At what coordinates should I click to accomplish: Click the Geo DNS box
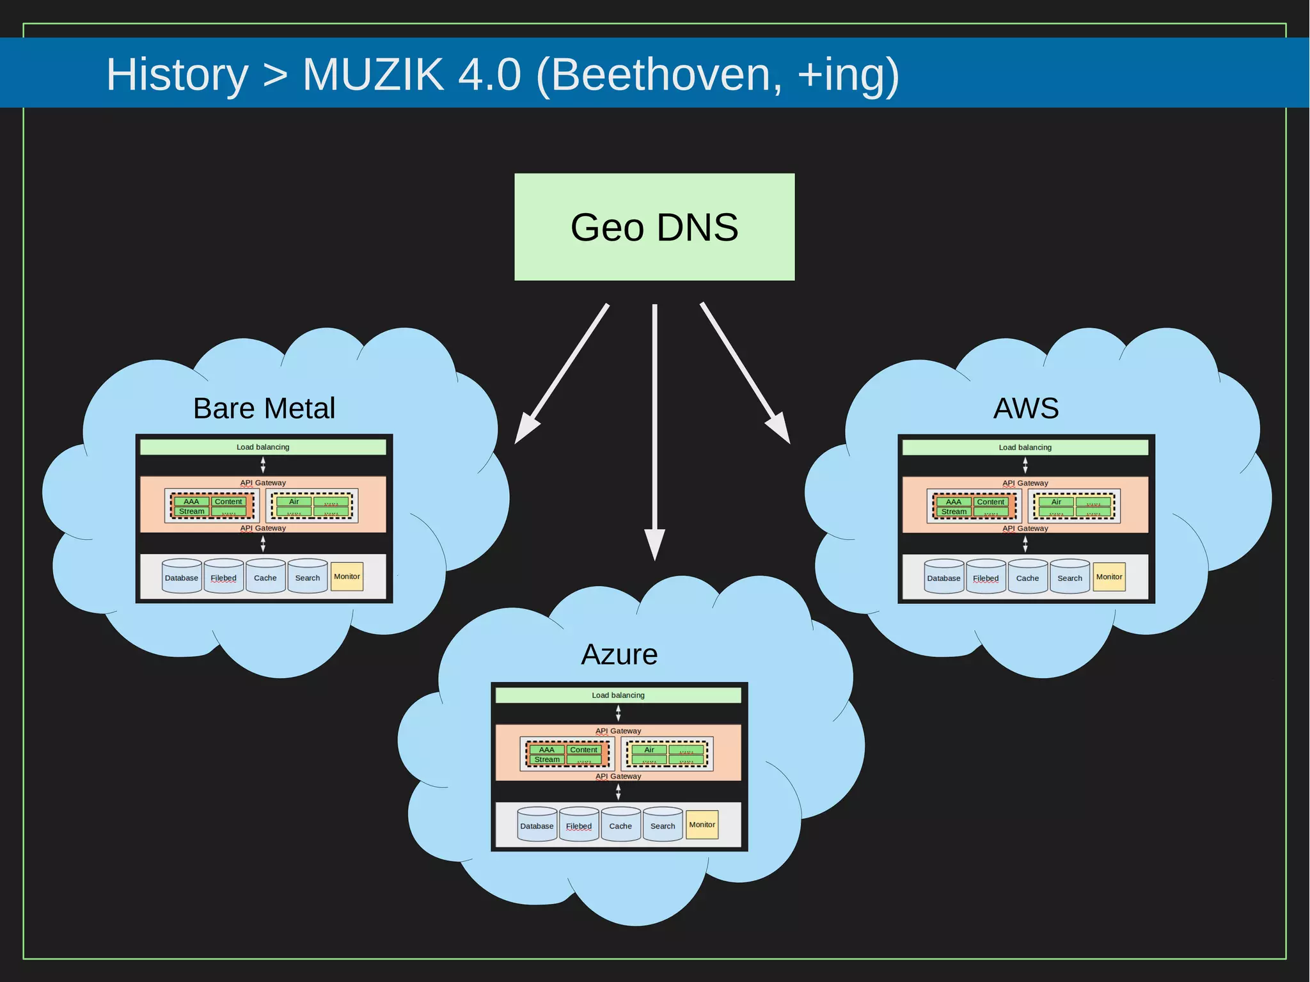pyautogui.click(x=654, y=227)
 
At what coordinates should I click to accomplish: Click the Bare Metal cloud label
pyautogui.click(x=264, y=408)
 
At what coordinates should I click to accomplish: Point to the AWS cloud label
pyautogui.click(x=1025, y=408)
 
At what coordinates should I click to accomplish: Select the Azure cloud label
pyautogui.click(x=619, y=654)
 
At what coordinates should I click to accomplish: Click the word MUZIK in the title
pyautogui.click(x=373, y=74)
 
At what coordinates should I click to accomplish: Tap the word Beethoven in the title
pyautogui.click(x=665, y=74)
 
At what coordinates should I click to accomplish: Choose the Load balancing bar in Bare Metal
pyautogui.click(x=263, y=447)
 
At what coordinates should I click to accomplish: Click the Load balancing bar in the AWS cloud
pyautogui.click(x=1025, y=447)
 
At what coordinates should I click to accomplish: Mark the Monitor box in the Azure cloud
pyautogui.click(x=702, y=825)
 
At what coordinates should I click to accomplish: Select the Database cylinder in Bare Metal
pyautogui.click(x=182, y=577)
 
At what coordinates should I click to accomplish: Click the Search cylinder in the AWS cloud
pyautogui.click(x=1069, y=577)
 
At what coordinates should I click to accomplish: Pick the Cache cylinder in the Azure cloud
pyautogui.click(x=620, y=825)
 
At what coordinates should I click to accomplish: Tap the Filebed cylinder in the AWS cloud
pyautogui.click(x=986, y=577)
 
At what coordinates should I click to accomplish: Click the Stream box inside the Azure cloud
pyautogui.click(x=547, y=759)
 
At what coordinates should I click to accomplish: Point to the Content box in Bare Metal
pyautogui.click(x=228, y=502)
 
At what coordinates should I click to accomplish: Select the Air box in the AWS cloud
pyautogui.click(x=1056, y=502)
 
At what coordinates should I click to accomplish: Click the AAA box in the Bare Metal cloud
pyautogui.click(x=191, y=502)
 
